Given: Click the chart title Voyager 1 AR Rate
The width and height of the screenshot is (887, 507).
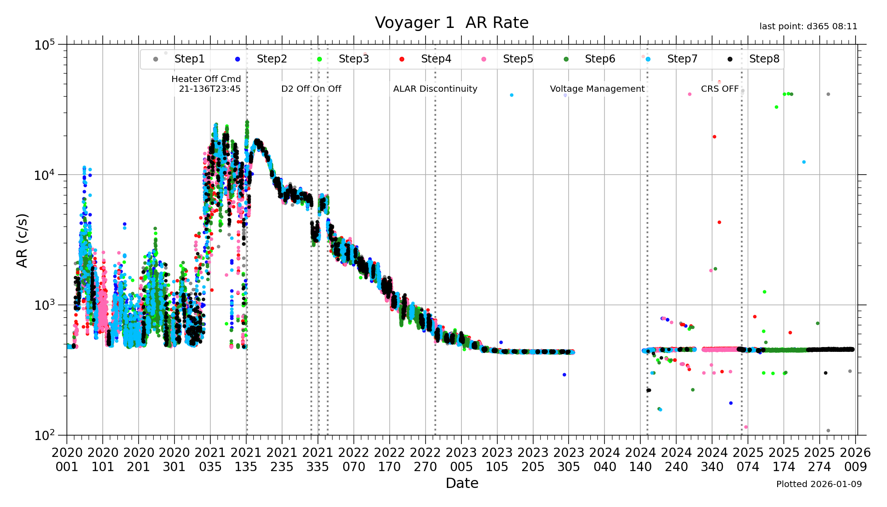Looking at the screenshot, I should coord(452,23).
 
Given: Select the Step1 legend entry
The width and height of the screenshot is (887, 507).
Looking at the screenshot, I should coord(189,59).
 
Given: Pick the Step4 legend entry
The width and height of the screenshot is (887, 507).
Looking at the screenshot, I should coord(436,59).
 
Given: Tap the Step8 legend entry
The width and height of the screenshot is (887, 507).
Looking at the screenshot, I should coord(764,59).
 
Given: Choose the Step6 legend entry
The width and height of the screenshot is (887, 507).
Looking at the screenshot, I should coord(600,59).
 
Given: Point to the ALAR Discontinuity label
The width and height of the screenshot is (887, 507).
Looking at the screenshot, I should coord(435,89).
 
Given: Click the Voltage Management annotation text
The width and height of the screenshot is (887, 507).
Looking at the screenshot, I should coord(597,89).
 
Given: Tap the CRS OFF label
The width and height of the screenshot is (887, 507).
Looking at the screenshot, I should coord(720,89).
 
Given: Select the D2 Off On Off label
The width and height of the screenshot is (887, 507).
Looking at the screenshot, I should coord(311,89).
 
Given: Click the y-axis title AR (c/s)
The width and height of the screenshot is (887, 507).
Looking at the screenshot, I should coord(22,241).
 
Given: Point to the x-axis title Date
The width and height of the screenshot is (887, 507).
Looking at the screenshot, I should coord(462,483).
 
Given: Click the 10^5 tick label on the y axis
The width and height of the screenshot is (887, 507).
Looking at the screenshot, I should coord(45,45).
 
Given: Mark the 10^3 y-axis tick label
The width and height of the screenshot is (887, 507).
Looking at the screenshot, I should coord(45,305).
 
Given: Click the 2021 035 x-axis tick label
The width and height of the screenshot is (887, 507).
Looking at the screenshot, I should coord(210,460).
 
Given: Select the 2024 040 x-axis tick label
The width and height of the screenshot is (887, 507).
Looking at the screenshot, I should coord(604,460).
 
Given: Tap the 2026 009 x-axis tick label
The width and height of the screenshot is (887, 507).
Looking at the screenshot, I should coord(855,460).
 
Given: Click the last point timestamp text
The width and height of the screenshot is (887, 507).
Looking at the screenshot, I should coord(808,27).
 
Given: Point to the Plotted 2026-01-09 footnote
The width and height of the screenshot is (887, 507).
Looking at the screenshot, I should coord(819,484).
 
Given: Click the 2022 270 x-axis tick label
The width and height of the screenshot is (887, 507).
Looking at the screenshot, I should coord(426,460).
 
